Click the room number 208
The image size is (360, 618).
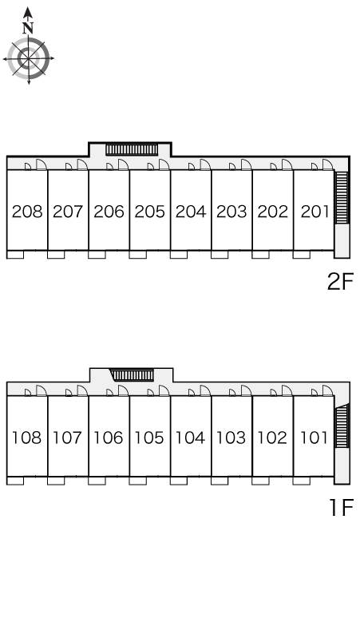pos(27,212)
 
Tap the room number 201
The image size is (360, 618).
pos(315,212)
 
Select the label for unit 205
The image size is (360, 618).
pos(150,212)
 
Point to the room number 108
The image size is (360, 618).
pos(27,438)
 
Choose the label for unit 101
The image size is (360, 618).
pos(315,438)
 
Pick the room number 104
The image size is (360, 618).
pos(191,438)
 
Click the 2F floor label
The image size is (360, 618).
pos(340,281)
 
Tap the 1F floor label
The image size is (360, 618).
pos(342,507)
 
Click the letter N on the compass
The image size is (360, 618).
pos(28,28)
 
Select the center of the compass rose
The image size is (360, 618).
pos(29,59)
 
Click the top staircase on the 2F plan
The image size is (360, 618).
pos(132,149)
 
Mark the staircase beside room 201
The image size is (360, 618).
pos(342,197)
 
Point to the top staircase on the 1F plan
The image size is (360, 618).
pos(132,374)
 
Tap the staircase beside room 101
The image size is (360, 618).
pos(342,426)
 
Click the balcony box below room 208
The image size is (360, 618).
pos(15,255)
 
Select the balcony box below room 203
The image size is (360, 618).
pos(220,255)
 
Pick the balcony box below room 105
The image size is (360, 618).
pos(138,481)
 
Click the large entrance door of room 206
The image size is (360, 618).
pos(124,164)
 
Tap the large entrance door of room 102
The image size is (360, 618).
pos(287,390)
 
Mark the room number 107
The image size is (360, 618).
pos(68,438)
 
